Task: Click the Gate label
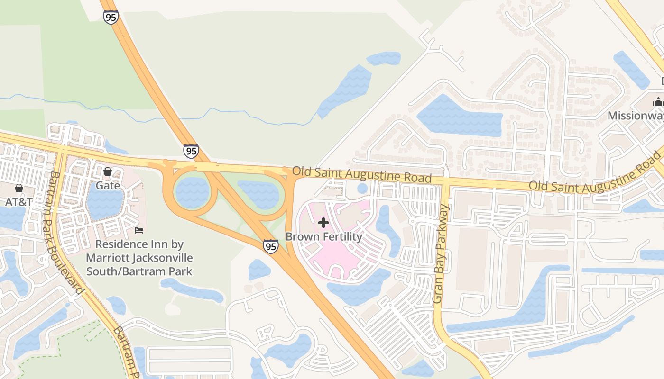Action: [108, 185]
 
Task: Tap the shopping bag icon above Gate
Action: [108, 171]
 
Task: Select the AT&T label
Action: [19, 202]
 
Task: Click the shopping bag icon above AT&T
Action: [19, 188]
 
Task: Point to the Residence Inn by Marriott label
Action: [139, 258]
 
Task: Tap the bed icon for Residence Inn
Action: [139, 230]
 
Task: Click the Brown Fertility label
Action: [323, 236]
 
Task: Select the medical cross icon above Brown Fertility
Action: [323, 222]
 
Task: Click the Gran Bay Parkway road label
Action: [441, 254]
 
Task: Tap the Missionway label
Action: [636, 116]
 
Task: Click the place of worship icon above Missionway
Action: [658, 101]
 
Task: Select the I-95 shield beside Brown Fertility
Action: [271, 246]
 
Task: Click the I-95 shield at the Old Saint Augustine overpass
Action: [191, 151]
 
